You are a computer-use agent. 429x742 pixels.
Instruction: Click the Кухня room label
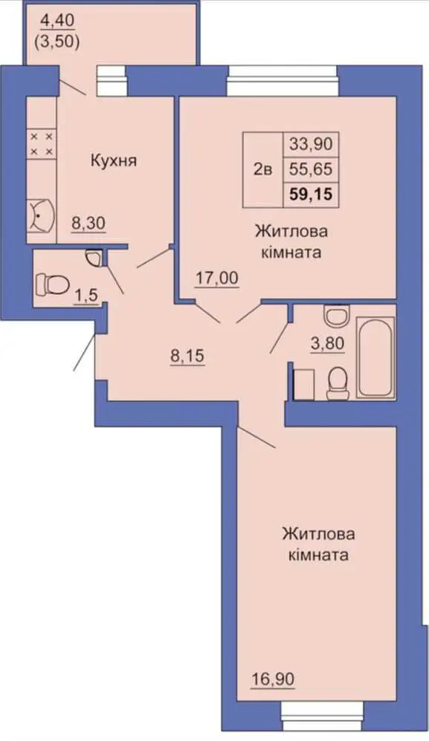[113, 161]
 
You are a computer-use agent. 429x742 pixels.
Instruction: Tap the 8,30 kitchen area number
[88, 223]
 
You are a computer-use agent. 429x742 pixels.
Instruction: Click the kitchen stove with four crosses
[41, 144]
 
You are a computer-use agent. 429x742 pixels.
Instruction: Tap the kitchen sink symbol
[41, 217]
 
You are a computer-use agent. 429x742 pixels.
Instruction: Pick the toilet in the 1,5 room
[52, 284]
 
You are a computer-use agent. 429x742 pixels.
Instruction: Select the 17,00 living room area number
[217, 279]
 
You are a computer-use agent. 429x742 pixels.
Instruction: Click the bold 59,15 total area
[311, 194]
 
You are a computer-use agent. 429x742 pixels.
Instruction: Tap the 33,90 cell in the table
[311, 143]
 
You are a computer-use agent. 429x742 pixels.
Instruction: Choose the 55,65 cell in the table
[311, 169]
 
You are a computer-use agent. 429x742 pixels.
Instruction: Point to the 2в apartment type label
[262, 169]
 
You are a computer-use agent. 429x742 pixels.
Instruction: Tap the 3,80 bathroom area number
[327, 343]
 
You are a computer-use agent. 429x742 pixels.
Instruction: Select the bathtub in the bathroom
[375, 357]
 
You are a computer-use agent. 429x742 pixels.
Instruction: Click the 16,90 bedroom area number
[273, 679]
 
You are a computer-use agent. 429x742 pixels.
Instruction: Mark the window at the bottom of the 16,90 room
[320, 712]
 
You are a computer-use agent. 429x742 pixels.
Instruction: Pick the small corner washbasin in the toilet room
[94, 258]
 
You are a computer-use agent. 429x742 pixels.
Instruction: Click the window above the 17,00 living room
[283, 80]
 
